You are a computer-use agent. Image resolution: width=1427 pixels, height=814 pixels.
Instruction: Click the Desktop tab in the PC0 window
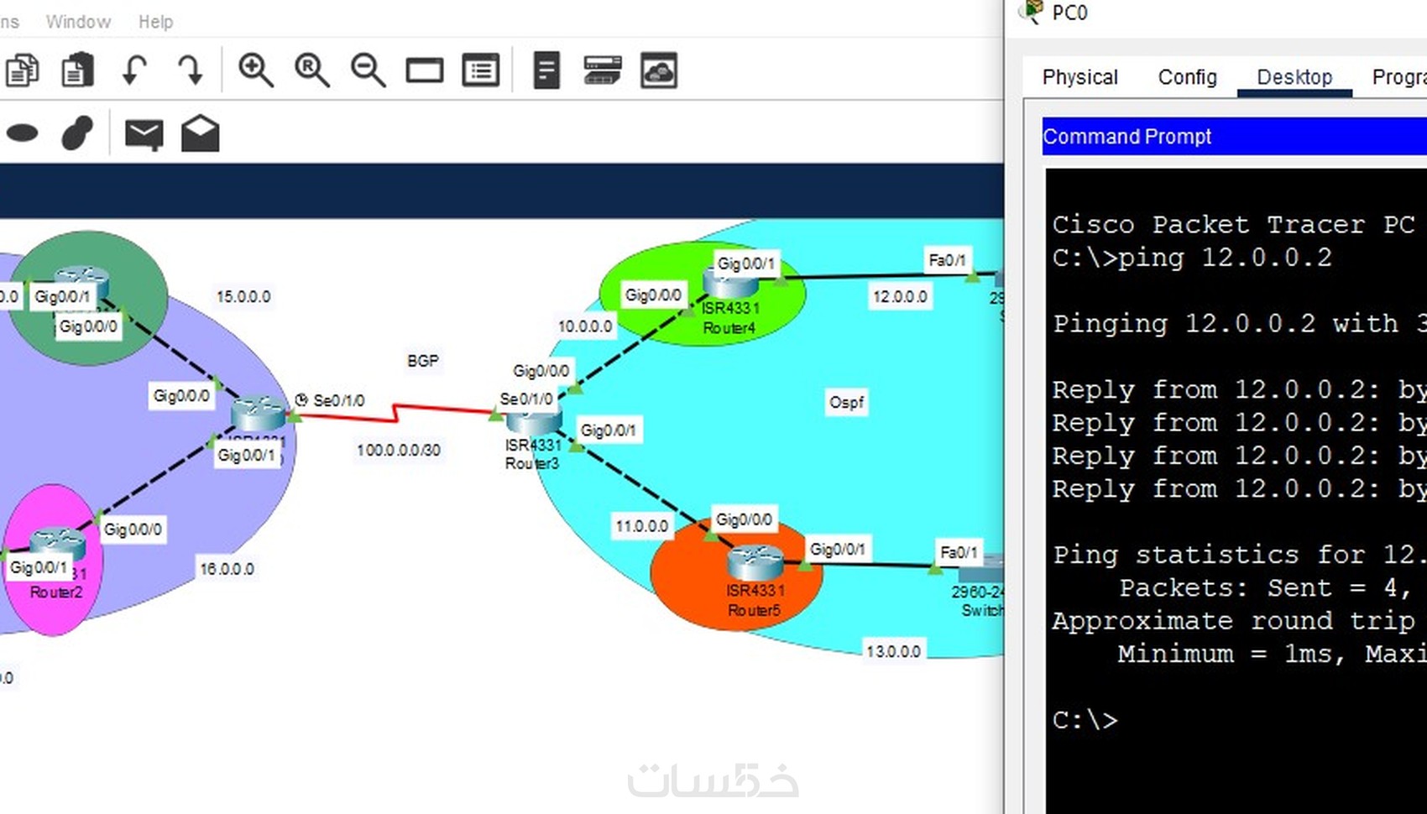(x=1294, y=77)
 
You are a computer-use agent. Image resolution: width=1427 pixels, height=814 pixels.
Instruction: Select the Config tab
(x=1187, y=77)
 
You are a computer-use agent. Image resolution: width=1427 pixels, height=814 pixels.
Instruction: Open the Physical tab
(x=1079, y=77)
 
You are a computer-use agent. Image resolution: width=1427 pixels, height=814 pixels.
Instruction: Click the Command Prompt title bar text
(x=1126, y=137)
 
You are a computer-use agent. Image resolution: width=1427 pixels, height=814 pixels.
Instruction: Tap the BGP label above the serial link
(x=423, y=361)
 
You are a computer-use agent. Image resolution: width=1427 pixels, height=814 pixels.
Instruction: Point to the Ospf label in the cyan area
(x=846, y=402)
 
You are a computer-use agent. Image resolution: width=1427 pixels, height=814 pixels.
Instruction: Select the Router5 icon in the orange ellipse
(x=755, y=561)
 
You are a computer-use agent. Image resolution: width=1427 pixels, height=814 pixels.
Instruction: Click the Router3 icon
(x=534, y=420)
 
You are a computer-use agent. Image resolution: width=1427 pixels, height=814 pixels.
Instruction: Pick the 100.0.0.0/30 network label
(x=398, y=451)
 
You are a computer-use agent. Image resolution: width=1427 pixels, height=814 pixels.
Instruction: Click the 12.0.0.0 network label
(x=900, y=296)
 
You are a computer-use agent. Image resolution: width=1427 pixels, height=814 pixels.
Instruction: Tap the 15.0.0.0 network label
(x=243, y=296)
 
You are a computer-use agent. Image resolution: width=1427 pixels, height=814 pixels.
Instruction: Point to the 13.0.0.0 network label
(x=893, y=651)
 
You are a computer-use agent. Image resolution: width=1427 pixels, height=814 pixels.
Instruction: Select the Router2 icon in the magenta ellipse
(x=57, y=543)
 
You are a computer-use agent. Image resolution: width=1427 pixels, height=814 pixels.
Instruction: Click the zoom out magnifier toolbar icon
(x=368, y=70)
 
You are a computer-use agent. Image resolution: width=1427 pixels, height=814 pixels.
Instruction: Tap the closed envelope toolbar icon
(x=144, y=133)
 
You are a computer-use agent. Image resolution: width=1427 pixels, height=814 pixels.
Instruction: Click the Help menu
(x=155, y=22)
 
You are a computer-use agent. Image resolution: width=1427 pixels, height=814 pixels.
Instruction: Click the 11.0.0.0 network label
(x=642, y=526)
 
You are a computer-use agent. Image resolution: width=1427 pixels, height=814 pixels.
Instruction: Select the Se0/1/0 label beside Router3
(x=526, y=399)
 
